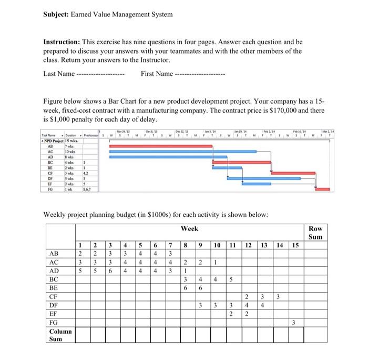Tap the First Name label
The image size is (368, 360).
157,74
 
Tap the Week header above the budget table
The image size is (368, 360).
190,229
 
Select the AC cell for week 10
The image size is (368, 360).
217,262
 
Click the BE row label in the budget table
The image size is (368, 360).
55,288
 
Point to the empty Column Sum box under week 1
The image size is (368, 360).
80,334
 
